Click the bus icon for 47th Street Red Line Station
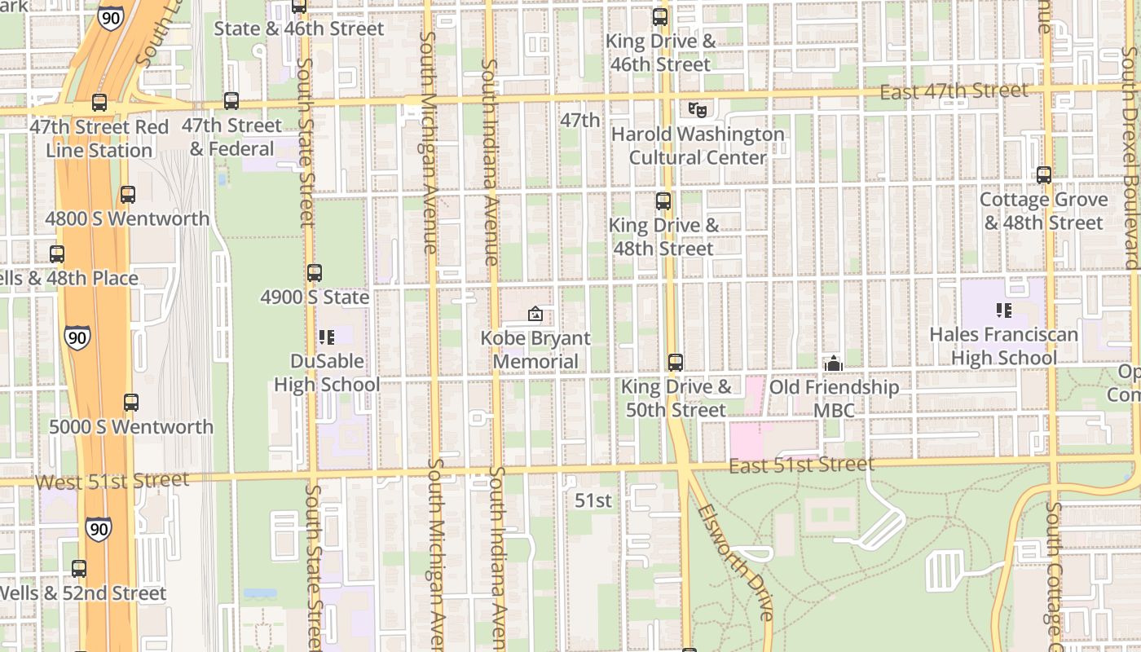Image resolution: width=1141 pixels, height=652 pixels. coord(99,103)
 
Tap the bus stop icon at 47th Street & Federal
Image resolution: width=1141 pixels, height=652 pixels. coord(231,101)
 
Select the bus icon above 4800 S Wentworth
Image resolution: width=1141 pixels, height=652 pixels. coord(128,195)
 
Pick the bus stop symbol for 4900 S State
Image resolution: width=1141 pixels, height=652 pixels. coord(315,273)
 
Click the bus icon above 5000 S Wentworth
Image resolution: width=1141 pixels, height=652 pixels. coord(131,402)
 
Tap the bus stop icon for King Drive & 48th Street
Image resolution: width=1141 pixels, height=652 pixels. coord(663,200)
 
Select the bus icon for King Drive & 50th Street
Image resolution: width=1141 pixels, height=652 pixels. coord(676,363)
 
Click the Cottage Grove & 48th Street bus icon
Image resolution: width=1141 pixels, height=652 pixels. coord(1044,174)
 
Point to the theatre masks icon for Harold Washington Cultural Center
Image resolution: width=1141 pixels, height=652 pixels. coord(696,108)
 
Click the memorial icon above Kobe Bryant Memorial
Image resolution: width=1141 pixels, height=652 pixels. coord(535,314)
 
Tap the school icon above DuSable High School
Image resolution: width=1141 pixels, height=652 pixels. coord(327,337)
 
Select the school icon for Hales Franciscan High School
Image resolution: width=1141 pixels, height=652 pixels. coord(1004,310)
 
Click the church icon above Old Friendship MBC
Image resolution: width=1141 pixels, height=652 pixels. coord(834,363)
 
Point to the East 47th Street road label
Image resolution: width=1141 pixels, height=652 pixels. coord(954,91)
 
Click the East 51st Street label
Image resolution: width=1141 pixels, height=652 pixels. coord(801,465)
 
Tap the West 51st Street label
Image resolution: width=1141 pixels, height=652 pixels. coord(112,481)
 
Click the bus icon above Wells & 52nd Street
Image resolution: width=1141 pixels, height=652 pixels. coord(79,569)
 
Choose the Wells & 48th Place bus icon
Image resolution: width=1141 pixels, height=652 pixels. coord(57,253)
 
